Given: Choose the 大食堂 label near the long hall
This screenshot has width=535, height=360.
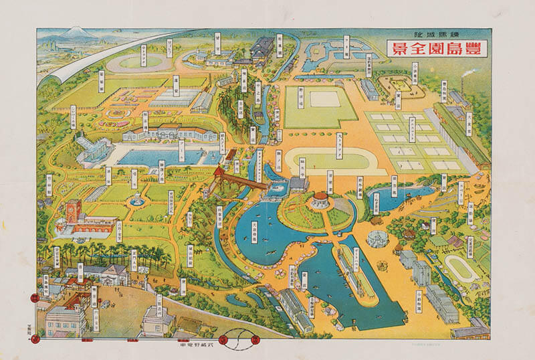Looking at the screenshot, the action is click(x=469, y=124).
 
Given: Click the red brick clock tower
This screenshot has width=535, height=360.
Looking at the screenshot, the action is click(x=73, y=211).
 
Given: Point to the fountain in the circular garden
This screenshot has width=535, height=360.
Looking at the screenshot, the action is click(x=136, y=199).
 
